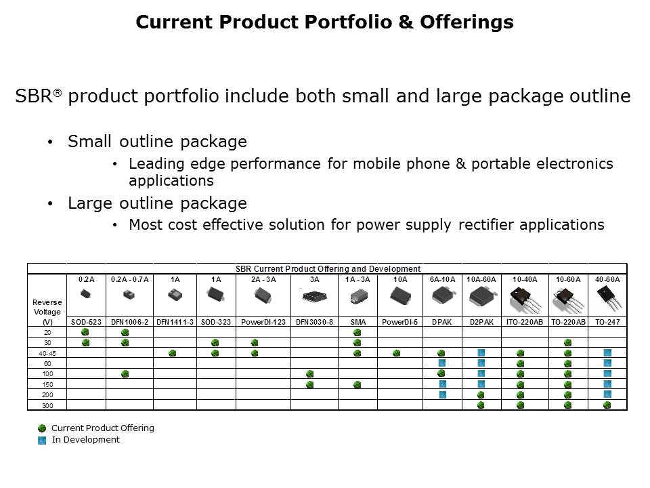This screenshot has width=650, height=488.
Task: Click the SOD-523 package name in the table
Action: coord(86,322)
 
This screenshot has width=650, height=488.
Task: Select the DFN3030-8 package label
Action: coord(314,322)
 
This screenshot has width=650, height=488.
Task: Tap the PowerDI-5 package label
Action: coord(399,322)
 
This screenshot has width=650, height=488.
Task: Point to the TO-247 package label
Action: coord(607,322)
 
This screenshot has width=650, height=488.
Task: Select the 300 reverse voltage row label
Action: coord(47,405)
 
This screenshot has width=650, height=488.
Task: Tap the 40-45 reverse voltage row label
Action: coord(47,353)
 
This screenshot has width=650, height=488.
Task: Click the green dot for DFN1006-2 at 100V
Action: coord(125,374)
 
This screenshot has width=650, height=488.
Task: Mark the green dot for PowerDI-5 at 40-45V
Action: coord(396,353)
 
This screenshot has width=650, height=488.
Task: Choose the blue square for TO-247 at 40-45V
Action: coord(607,353)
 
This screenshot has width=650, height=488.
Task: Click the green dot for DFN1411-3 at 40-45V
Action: coord(173,353)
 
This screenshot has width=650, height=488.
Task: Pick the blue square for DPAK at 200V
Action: coord(442,394)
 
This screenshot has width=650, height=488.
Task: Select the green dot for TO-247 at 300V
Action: coord(607,405)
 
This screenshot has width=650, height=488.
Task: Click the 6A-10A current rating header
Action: coord(442,279)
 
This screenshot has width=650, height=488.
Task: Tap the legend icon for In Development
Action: coord(42,440)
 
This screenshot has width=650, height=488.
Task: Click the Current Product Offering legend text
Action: coord(103,428)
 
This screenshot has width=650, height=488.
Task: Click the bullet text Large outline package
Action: coord(157,203)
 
